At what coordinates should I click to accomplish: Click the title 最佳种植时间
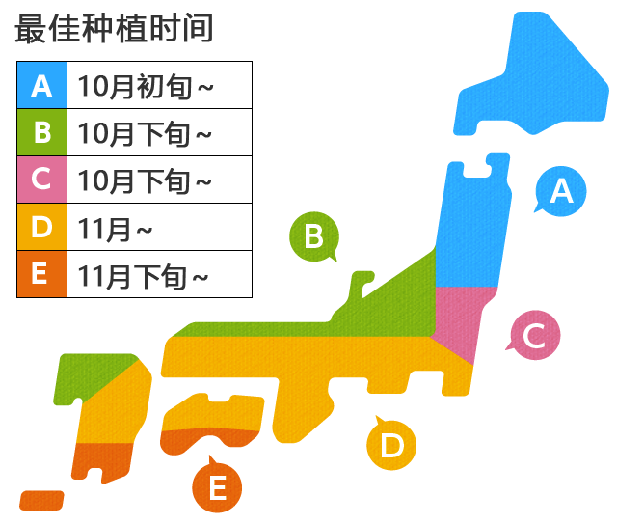[x=114, y=29]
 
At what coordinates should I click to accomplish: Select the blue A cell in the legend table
[x=41, y=85]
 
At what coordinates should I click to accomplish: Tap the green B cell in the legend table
[x=41, y=132]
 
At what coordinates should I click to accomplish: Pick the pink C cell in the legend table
[x=41, y=180]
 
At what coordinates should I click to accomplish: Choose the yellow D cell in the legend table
[x=41, y=227]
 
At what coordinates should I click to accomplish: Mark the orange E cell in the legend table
[x=41, y=274]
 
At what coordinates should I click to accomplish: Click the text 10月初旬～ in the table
[x=146, y=86]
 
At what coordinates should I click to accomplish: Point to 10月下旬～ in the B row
[x=145, y=133]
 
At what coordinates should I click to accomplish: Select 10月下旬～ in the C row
[x=145, y=180]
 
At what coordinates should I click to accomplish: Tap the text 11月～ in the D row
[x=116, y=228]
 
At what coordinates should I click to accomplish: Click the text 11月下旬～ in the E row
[x=145, y=275]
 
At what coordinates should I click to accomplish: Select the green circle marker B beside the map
[x=313, y=235]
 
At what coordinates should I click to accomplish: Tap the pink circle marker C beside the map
[x=533, y=335]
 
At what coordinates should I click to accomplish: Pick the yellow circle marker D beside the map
[x=391, y=445]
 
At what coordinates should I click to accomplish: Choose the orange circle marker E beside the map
[x=217, y=486]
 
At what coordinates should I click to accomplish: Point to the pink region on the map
[x=462, y=318]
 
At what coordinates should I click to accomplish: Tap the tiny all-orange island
[x=41, y=500]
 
